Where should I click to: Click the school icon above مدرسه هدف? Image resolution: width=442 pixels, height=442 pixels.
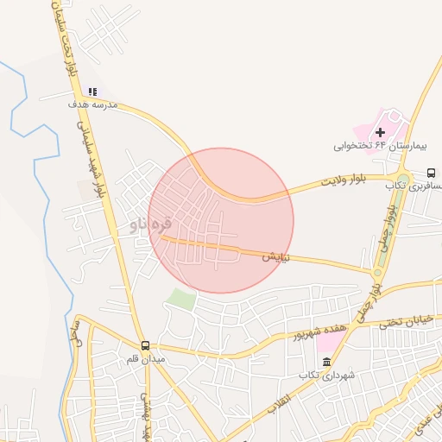92,92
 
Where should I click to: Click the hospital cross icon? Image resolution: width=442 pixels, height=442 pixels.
381,132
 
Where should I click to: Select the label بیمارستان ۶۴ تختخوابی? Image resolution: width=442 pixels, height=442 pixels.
388,147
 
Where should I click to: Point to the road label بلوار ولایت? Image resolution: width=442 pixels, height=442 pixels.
345,182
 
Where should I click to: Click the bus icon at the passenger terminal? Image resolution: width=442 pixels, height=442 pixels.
432,172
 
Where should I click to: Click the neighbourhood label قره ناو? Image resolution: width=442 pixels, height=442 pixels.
150,224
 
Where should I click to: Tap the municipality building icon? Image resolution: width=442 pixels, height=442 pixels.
326,361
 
